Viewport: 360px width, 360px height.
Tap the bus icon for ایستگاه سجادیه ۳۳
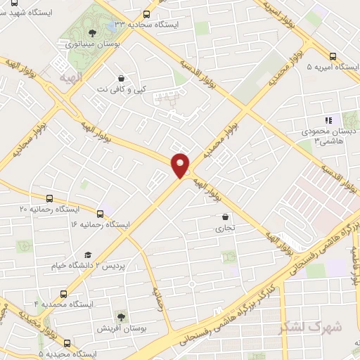(146, 14)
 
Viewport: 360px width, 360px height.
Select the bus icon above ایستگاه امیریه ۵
(333, 56)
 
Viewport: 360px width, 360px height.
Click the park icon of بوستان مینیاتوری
(91, 32)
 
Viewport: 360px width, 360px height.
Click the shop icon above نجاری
(225, 217)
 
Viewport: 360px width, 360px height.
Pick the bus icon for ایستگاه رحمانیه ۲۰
(49, 199)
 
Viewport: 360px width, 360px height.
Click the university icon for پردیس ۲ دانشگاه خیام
(88, 255)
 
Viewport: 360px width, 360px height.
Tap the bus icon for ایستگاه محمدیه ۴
(64, 293)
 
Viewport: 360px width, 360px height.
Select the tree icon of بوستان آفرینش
(121, 317)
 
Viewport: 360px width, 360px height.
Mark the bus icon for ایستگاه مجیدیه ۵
(67, 343)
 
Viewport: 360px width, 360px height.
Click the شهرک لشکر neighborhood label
(310, 328)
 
